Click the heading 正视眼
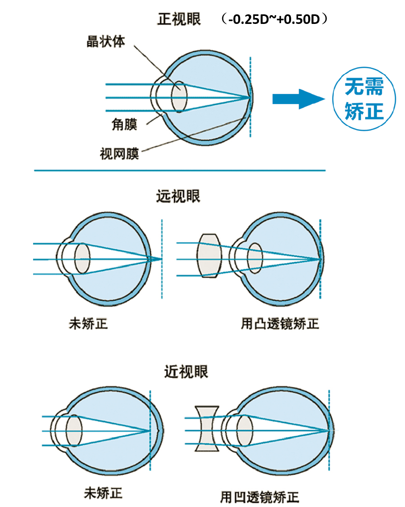click(x=179, y=19)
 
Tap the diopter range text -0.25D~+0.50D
click(x=275, y=19)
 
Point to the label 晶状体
click(x=106, y=41)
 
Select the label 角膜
click(x=124, y=124)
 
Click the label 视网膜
click(x=119, y=153)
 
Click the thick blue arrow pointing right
click(x=298, y=99)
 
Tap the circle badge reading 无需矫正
click(x=364, y=99)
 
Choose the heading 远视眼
click(x=178, y=196)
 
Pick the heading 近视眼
click(x=186, y=371)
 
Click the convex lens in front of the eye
click(x=209, y=255)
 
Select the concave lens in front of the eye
click(x=207, y=429)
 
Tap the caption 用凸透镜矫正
click(x=280, y=323)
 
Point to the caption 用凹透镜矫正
click(x=259, y=497)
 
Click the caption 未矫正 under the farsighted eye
click(x=88, y=323)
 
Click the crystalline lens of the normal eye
click(x=179, y=97)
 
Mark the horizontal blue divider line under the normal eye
click(x=180, y=171)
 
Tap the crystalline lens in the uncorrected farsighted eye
click(x=82, y=258)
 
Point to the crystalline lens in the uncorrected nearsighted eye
click(x=74, y=430)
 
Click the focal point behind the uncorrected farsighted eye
click(x=162, y=259)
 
